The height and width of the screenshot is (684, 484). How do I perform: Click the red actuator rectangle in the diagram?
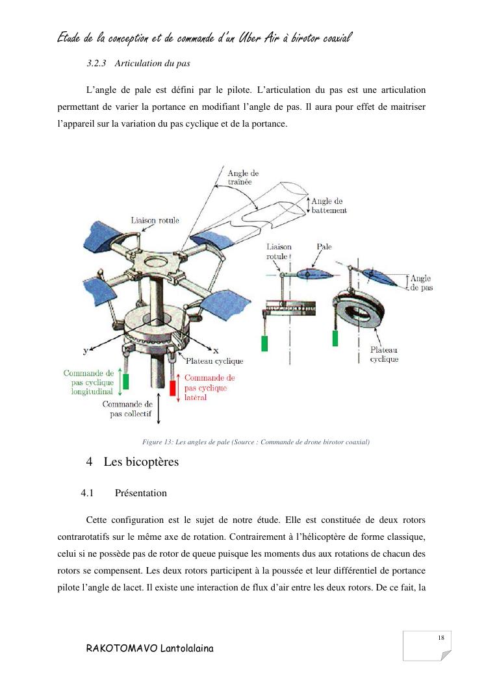point(173,388)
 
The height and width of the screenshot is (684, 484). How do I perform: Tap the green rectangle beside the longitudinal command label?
point(126,381)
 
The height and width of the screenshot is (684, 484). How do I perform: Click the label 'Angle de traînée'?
point(243,178)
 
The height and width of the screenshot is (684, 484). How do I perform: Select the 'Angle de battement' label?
point(328,206)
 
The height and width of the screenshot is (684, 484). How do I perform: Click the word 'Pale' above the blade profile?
point(324,247)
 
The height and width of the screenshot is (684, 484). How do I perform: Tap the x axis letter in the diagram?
point(216,351)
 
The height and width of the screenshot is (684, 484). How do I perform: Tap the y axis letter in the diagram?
point(86,351)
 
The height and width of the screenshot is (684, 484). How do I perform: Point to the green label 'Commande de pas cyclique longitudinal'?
point(88,383)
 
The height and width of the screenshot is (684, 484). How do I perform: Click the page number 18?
point(441,638)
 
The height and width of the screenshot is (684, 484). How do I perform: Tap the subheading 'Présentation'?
point(140,493)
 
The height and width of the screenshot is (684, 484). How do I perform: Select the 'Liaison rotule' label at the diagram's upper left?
point(155,221)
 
